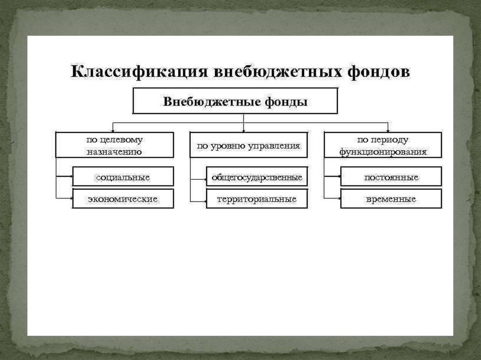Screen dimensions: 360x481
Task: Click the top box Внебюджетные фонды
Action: point(235,101)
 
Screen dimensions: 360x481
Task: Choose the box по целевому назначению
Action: point(114,145)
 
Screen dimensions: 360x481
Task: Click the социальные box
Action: point(123,177)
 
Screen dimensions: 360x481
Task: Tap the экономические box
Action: point(123,199)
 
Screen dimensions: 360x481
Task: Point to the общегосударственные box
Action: point(256,177)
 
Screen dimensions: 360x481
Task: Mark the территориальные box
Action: point(256,199)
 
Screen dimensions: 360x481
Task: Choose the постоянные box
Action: point(391,177)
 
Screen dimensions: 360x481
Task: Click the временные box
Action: point(391,199)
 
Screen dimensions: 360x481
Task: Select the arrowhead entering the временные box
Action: point(339,199)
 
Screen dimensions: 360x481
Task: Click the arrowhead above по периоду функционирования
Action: point(388,130)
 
